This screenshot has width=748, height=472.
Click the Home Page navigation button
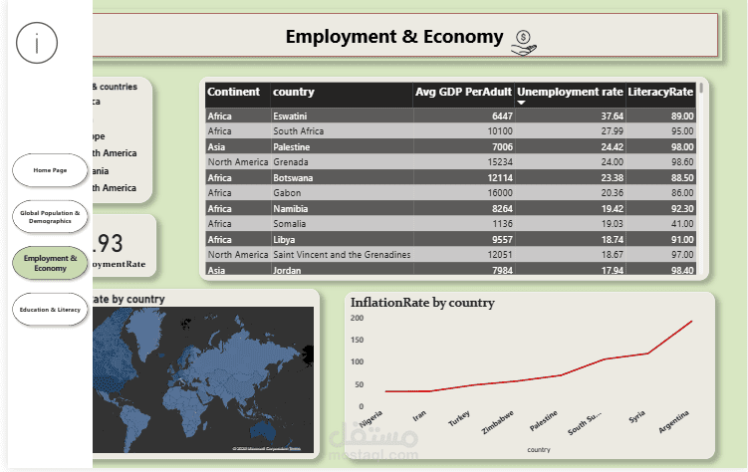(x=50, y=170)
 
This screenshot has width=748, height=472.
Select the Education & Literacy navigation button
(x=50, y=310)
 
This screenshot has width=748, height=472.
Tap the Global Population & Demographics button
(x=50, y=216)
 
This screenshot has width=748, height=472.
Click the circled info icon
(x=37, y=42)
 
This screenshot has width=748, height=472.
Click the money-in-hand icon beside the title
(x=524, y=40)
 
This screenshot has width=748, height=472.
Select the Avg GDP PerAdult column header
(x=462, y=93)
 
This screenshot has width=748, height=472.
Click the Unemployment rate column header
(x=570, y=93)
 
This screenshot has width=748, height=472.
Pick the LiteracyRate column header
(x=660, y=93)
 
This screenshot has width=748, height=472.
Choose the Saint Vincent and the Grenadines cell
(x=341, y=256)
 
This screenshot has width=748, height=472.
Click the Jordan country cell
(x=287, y=271)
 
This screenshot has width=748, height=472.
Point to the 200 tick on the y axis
(x=359, y=319)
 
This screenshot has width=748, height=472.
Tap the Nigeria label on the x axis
(x=371, y=422)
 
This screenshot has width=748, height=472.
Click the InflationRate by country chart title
(x=422, y=303)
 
